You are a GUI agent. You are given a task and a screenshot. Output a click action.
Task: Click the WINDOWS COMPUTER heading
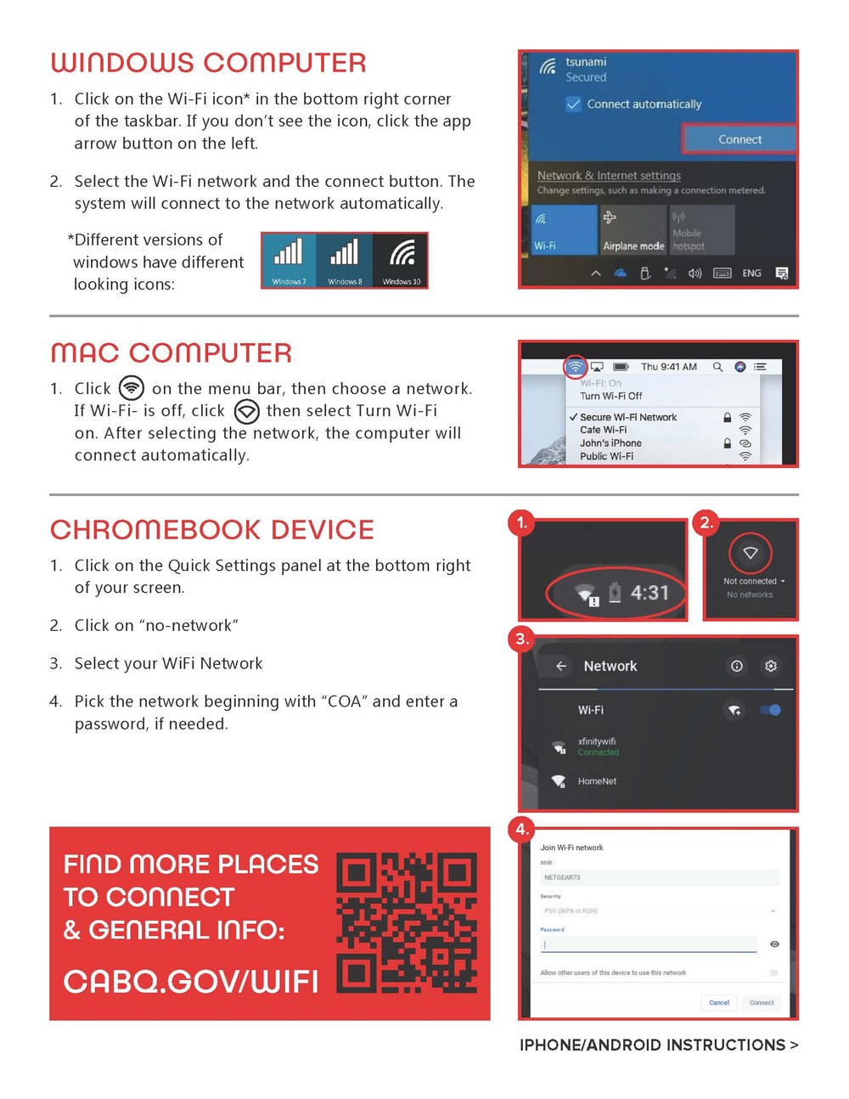point(208,63)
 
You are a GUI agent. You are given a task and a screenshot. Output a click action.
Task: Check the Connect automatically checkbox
point(574,104)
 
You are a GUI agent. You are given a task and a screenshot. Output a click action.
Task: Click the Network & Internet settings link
point(609,175)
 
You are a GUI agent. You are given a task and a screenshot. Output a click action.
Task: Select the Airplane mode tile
point(633,230)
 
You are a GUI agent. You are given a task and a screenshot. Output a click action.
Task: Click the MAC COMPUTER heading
point(171,352)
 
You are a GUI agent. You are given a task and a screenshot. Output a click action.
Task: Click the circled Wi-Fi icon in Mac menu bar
point(575,367)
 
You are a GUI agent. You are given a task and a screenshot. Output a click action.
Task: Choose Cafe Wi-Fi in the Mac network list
point(603,430)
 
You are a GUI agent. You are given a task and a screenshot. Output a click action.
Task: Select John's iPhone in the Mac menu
point(610,442)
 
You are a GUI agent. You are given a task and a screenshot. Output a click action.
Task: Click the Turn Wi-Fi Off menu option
point(610,396)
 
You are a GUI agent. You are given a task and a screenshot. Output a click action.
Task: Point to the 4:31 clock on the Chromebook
point(649,592)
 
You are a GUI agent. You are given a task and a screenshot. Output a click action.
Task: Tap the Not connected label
point(750,581)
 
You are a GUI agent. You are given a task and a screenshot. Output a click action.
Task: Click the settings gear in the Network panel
point(770,666)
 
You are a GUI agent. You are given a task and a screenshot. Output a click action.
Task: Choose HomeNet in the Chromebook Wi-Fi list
point(597,781)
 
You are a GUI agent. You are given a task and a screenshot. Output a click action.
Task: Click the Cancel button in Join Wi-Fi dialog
point(719,1002)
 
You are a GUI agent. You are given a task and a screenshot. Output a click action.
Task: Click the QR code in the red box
point(407,923)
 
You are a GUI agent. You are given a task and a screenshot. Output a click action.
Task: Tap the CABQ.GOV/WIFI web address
point(191,982)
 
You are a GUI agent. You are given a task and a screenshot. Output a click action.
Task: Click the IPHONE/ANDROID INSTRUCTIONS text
point(658,1045)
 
